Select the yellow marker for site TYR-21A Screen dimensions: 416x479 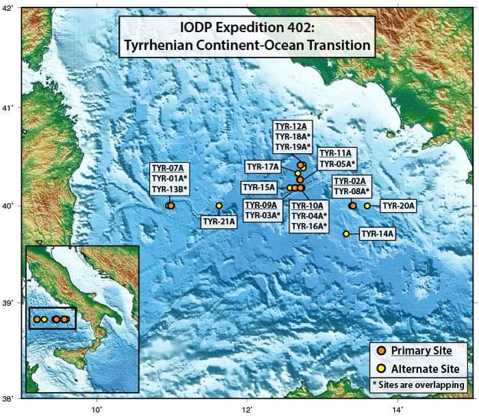pyautogui.click(x=219, y=205)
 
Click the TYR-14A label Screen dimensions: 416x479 pyautogui.click(x=378, y=234)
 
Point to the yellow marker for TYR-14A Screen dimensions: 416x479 pyautogui.click(x=346, y=234)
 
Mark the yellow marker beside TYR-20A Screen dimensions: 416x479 pyautogui.click(x=367, y=205)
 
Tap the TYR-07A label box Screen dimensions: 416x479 pyautogui.click(x=169, y=179)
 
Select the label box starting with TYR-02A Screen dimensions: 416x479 pyautogui.click(x=351, y=185)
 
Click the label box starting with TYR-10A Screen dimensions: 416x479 pyautogui.click(x=309, y=216)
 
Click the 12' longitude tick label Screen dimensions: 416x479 pyautogui.click(x=248, y=409)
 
